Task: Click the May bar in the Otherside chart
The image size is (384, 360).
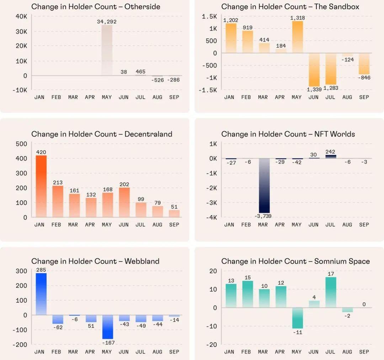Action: (107, 50)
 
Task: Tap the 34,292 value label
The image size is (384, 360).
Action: (107, 22)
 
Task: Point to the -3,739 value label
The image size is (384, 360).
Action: (263, 216)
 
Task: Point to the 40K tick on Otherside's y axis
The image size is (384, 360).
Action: (21, 16)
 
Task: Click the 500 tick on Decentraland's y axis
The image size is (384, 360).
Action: (21, 144)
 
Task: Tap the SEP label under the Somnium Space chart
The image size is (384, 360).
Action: (364, 352)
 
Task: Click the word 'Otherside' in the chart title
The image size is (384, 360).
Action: (142, 7)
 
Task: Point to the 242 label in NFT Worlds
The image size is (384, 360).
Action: (330, 152)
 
